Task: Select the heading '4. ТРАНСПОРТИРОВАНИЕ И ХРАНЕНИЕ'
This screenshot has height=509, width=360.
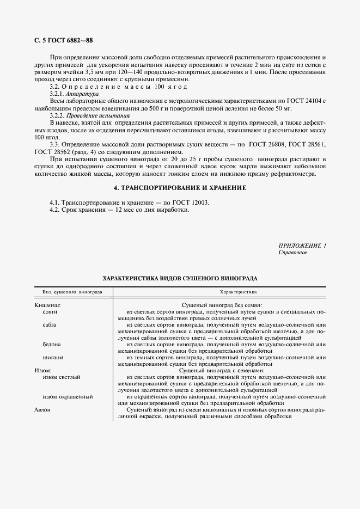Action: tap(180, 188)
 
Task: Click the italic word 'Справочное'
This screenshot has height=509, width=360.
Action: tap(293, 253)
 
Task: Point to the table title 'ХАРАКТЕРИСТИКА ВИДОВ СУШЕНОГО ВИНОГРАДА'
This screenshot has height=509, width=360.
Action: tap(180, 278)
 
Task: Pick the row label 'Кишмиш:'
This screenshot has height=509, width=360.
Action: tap(47, 305)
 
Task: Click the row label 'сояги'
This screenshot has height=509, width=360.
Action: tap(50, 312)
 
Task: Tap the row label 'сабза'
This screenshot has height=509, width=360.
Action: tap(50, 325)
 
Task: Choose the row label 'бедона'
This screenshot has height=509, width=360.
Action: tap(52, 345)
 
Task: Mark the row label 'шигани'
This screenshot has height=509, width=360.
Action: tap(52, 358)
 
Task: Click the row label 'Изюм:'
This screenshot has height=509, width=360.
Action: tap(43, 370)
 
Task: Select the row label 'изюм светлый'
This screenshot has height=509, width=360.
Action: tap(62, 377)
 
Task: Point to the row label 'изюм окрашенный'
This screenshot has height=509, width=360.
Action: tap(68, 397)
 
